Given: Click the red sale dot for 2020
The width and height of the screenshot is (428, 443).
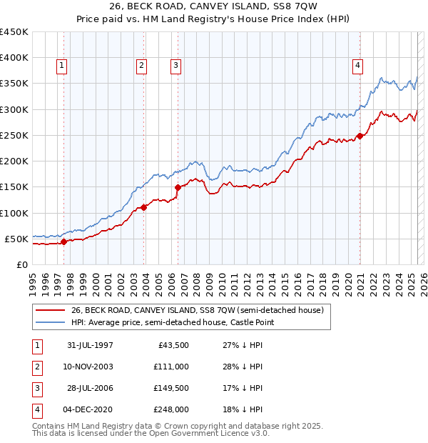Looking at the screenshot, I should coord(360,136).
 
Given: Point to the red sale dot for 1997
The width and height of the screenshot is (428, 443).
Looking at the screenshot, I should coord(63,242).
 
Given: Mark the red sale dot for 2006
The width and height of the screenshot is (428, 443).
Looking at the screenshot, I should coord(177,187).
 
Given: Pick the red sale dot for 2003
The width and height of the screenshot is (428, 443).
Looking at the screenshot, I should coord(143,207).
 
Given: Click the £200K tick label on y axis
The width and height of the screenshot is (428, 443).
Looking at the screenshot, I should coord(14,161).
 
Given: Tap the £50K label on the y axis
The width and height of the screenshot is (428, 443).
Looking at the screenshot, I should coord(16,239).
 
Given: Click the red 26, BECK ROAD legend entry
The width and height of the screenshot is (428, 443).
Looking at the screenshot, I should coord(198,310).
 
